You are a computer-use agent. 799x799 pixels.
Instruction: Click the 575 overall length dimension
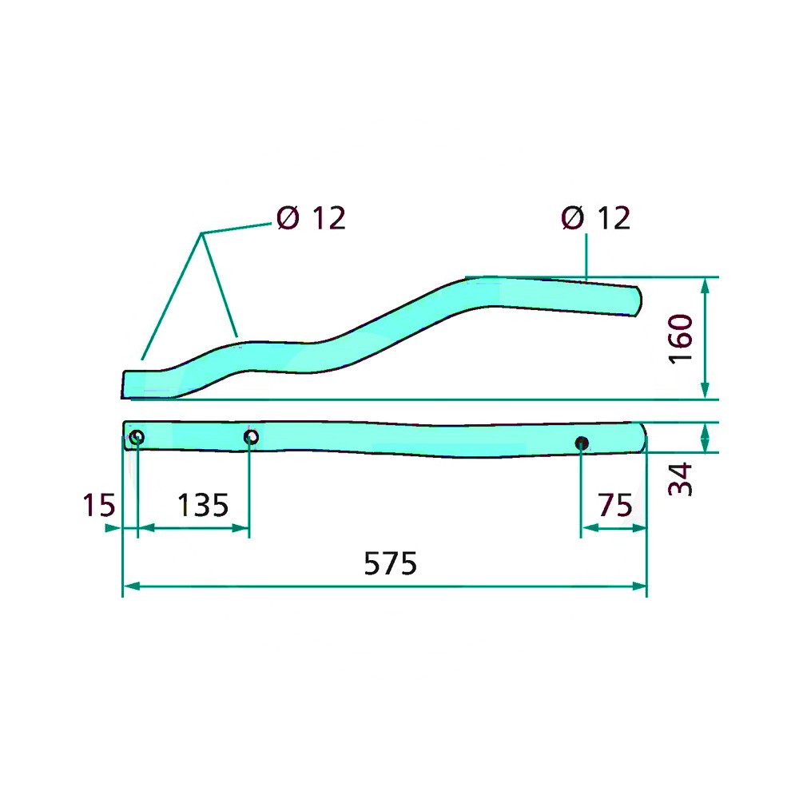pos(391,563)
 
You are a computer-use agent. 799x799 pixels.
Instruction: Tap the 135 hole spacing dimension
pos(203,505)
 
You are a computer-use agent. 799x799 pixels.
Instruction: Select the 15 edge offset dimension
pos(99,505)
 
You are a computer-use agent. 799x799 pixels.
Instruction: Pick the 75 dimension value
pos(615,505)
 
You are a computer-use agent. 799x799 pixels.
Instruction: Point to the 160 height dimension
pos(680,338)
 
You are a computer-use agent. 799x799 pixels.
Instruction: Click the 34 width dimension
pos(680,479)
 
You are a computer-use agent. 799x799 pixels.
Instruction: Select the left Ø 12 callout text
pos(311,218)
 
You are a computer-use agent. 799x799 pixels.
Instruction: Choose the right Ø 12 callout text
pos(596,218)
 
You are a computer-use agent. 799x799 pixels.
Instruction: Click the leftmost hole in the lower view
pos(137,437)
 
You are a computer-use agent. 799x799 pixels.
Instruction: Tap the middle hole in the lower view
pos(251,437)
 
